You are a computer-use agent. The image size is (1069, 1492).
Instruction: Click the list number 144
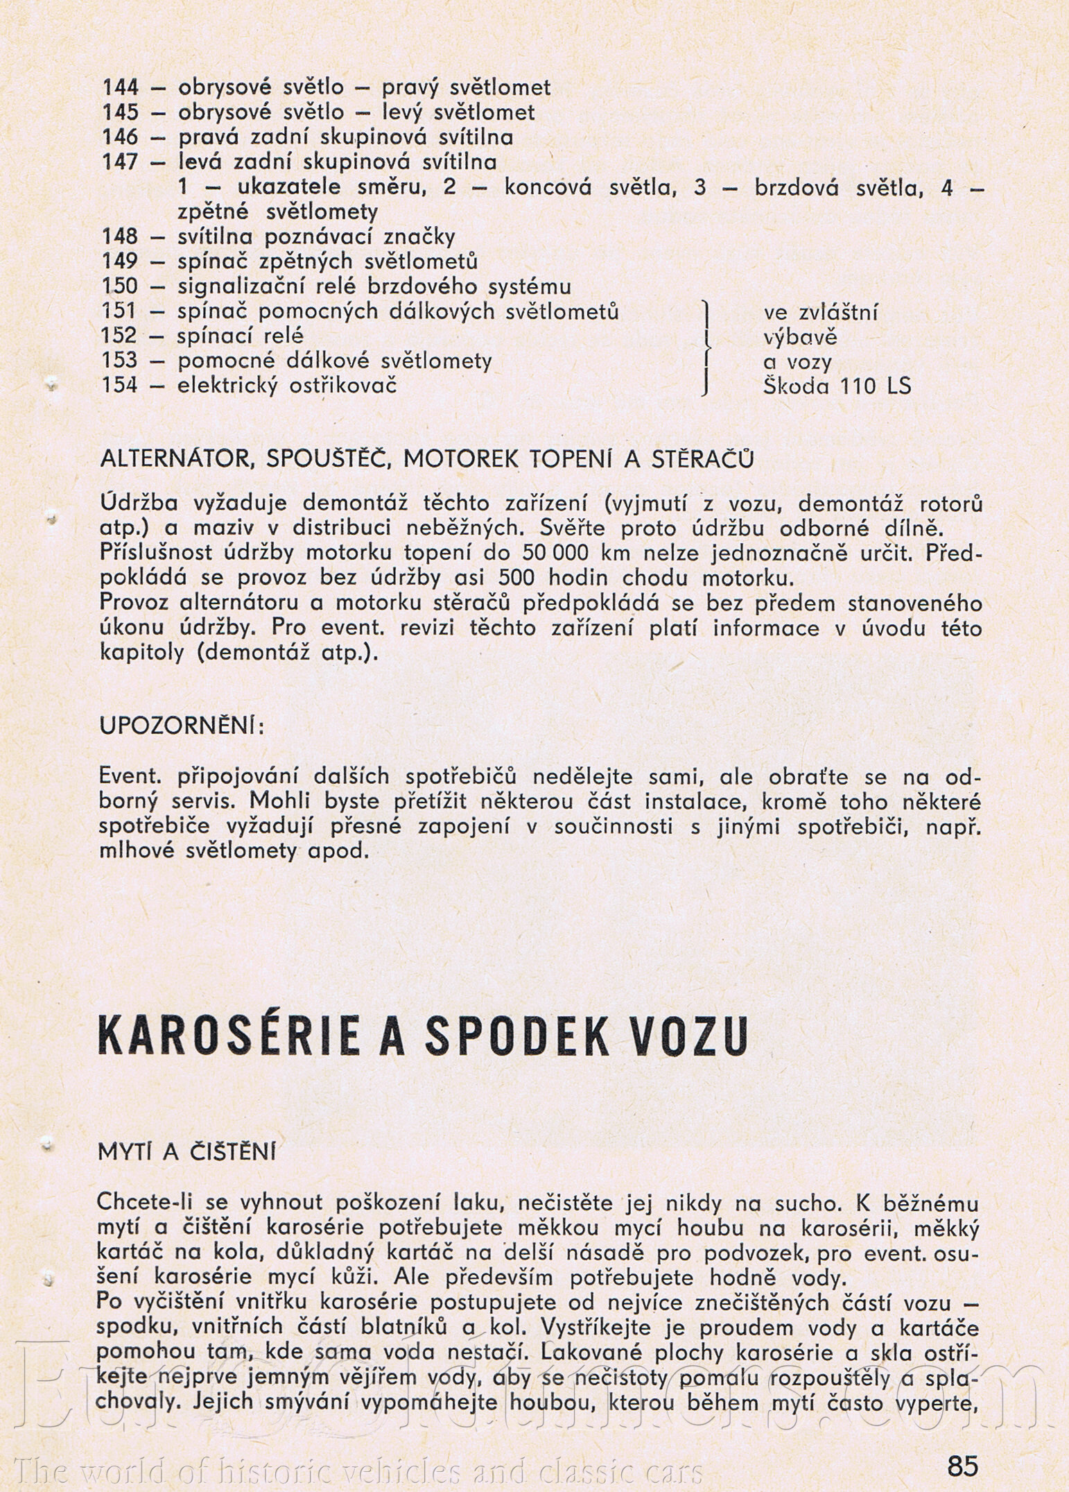(120, 87)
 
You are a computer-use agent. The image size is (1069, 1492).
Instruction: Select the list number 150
(120, 286)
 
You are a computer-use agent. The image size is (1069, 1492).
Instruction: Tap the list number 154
(120, 385)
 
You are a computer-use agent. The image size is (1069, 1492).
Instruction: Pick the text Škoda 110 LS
(837, 386)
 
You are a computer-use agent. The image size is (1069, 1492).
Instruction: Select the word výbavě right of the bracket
(800, 338)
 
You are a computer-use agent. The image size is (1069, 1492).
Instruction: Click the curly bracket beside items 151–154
(704, 348)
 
